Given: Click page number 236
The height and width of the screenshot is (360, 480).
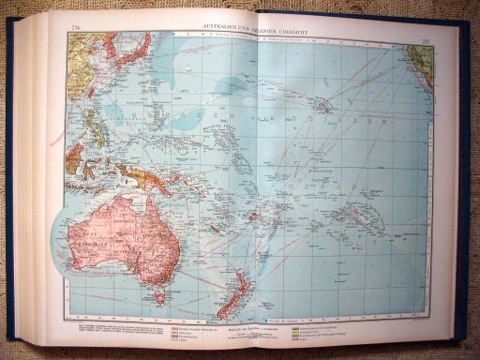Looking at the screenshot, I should tap(74, 25).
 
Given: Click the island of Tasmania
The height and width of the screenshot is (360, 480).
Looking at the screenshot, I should tap(158, 296).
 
